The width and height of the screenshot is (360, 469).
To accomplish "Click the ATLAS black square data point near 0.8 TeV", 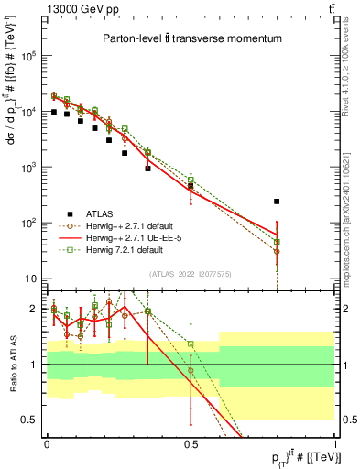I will click(x=277, y=201).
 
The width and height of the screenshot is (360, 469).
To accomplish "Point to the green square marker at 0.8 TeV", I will click(x=277, y=242).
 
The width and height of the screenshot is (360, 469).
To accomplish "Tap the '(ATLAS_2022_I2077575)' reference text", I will click(x=191, y=275).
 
